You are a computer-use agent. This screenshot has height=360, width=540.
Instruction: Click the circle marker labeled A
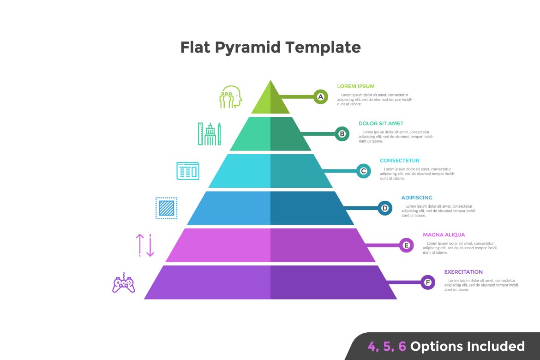tap(320, 97)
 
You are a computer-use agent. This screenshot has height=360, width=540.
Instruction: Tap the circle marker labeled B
tap(342, 134)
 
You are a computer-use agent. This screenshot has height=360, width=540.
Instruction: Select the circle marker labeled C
tap(363, 171)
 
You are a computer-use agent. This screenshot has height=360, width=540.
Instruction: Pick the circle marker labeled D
tap(385, 208)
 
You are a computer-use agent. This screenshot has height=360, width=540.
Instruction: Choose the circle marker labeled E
tap(406, 245)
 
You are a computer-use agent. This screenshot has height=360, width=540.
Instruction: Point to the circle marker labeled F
tap(428, 282)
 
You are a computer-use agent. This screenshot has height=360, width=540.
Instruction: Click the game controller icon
tap(124, 283)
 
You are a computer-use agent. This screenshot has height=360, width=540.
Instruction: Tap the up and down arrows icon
tap(145, 245)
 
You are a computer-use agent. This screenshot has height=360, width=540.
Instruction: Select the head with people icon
tap(231, 97)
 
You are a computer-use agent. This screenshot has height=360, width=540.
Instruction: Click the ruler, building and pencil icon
tap(209, 134)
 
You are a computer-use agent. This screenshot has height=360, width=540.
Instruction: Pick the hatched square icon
tap(166, 208)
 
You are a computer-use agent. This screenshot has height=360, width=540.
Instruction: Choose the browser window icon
tap(188, 171)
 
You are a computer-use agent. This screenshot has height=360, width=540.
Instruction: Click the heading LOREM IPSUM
tap(355, 86)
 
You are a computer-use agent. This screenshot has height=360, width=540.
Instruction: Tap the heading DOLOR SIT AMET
tap(381, 123)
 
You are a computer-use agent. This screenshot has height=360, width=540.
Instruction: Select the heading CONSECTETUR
tap(399, 161)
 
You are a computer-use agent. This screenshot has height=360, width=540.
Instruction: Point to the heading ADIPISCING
tap(417, 198)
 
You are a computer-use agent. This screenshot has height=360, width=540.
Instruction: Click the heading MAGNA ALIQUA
tap(444, 235)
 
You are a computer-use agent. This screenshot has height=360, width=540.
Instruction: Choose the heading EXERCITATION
tap(463, 272)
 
